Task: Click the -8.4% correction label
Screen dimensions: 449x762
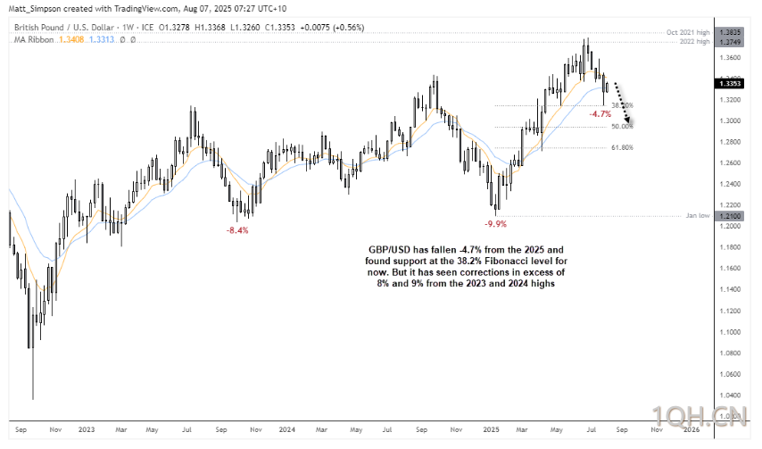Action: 237,229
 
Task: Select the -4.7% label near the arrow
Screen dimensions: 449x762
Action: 600,114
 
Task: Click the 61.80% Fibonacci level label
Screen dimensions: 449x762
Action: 622,147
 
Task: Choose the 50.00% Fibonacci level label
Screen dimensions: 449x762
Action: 622,127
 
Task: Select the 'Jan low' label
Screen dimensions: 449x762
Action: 697,216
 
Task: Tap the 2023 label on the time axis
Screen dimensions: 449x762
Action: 87,429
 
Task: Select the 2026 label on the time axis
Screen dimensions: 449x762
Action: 692,429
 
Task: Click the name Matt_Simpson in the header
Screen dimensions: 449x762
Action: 31,7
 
